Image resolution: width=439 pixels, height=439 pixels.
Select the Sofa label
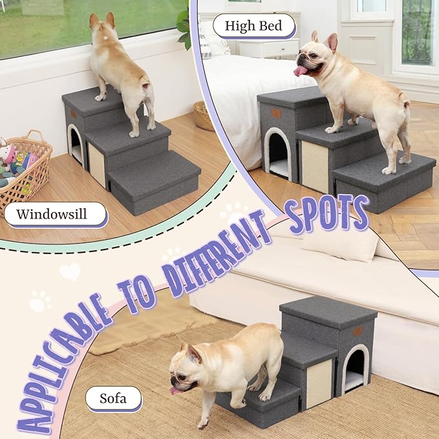click(113, 398)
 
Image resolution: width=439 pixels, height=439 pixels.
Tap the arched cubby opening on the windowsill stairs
click(75, 144)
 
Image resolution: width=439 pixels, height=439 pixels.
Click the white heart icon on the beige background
click(70, 271)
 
